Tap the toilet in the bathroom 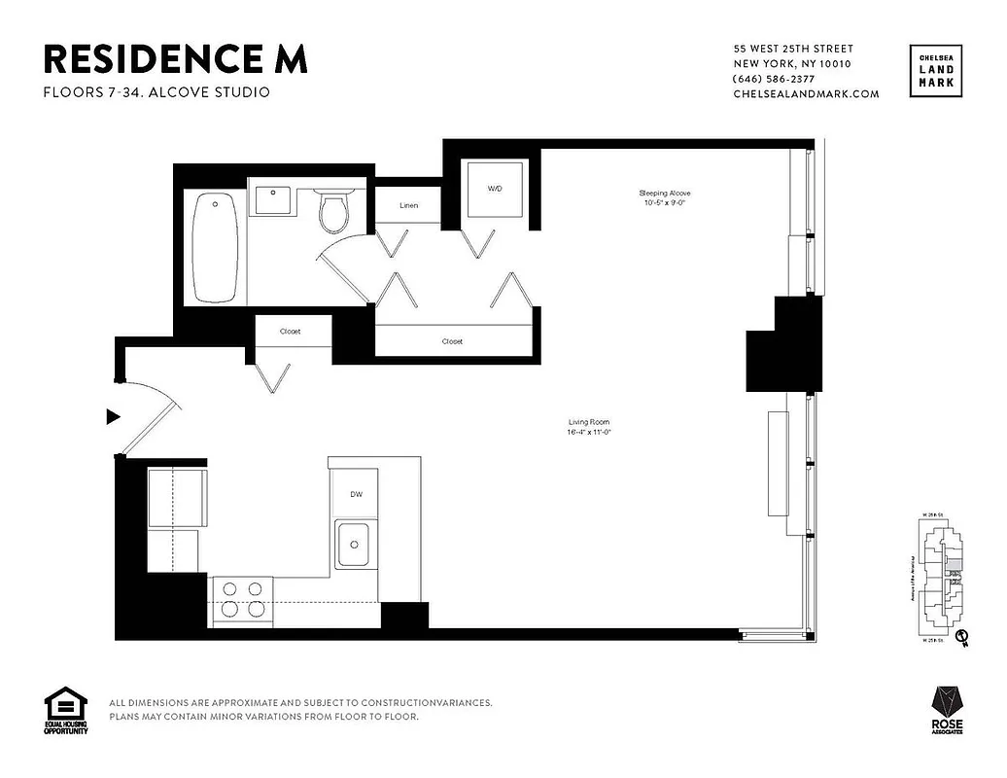click(x=334, y=212)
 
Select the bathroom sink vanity click(x=271, y=200)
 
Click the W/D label click(x=495, y=188)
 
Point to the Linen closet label click(x=409, y=206)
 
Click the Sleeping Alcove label click(x=665, y=198)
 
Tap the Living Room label click(x=590, y=426)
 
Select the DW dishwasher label click(x=357, y=495)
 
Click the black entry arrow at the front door click(x=113, y=416)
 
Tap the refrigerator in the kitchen click(x=176, y=498)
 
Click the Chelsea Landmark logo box click(x=937, y=72)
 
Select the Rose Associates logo click(x=949, y=714)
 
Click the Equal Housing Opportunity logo click(x=65, y=711)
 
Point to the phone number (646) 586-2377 click(x=774, y=79)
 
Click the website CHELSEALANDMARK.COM click(x=806, y=94)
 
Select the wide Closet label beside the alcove click(x=452, y=341)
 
